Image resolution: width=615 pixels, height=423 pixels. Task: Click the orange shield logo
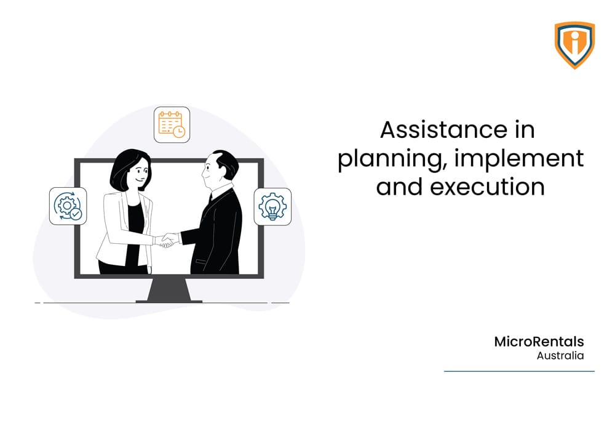click(574, 45)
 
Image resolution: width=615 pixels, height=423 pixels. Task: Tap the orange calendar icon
click(172, 124)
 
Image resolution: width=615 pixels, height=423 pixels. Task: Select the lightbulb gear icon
click(272, 207)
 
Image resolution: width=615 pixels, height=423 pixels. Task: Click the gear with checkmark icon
click(68, 206)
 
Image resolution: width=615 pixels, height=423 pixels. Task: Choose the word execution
click(488, 187)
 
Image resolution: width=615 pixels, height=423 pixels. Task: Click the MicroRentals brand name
click(539, 342)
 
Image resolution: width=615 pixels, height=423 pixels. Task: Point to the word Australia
click(560, 356)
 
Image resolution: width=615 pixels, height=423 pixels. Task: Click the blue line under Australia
click(519, 371)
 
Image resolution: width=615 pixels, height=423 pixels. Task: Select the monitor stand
click(169, 290)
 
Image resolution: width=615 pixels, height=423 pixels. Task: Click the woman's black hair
click(125, 167)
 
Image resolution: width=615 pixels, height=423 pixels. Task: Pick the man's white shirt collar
click(221, 190)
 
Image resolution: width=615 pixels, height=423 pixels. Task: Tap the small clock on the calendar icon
click(179, 132)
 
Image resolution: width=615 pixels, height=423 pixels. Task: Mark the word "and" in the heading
click(399, 187)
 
